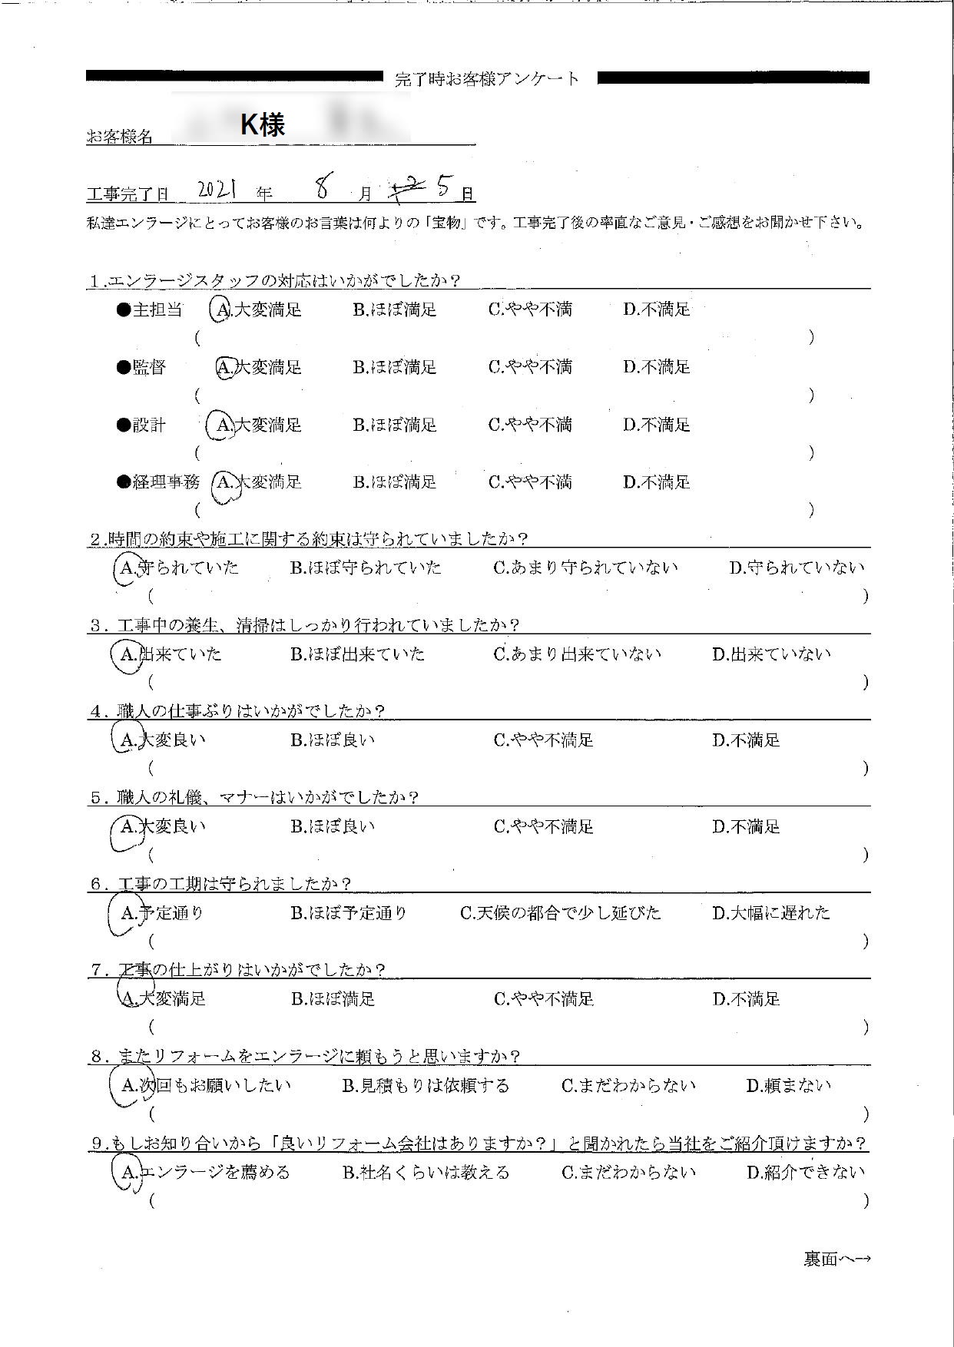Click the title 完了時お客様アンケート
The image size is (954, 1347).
pyautogui.click(x=488, y=79)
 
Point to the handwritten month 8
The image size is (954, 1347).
pyautogui.click(x=323, y=187)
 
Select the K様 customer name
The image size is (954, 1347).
pyautogui.click(x=263, y=124)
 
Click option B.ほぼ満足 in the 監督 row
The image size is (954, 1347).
pyautogui.click(x=395, y=368)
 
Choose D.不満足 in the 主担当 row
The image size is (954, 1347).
pyautogui.click(x=657, y=310)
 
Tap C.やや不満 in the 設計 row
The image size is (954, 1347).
pyautogui.click(x=530, y=425)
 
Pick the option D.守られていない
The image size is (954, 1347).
pyautogui.click(x=797, y=568)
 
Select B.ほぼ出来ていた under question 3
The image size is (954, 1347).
pyautogui.click(x=358, y=655)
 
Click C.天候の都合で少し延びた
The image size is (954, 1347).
pyautogui.click(x=560, y=914)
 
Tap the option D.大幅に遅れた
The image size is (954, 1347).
pyautogui.click(x=771, y=914)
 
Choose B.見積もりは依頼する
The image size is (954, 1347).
pyautogui.click(x=426, y=1087)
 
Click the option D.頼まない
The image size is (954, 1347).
pyautogui.click(x=789, y=1087)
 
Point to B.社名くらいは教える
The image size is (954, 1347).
pyautogui.click(x=426, y=1173)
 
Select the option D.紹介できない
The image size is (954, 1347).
pyautogui.click(x=806, y=1173)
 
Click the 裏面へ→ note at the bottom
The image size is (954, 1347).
pyautogui.click(x=837, y=1259)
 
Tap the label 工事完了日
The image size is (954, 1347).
pyautogui.click(x=128, y=194)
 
